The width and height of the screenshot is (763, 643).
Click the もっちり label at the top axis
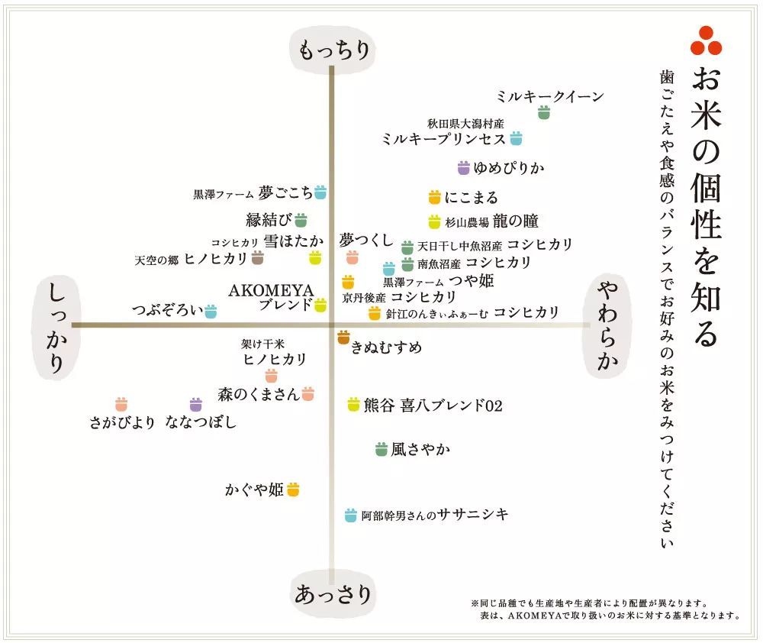[x=333, y=50]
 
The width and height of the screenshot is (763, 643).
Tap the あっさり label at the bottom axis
[x=333, y=593]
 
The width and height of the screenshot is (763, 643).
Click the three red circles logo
[x=706, y=41]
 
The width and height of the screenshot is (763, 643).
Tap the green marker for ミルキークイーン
[x=543, y=113]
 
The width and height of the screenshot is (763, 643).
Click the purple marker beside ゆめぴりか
[x=463, y=168]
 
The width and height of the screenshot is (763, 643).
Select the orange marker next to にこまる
[x=434, y=197]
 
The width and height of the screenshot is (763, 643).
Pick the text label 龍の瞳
[x=515, y=221]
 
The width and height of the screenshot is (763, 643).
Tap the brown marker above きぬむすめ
[x=343, y=336]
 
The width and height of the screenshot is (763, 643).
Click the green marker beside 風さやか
[x=381, y=450]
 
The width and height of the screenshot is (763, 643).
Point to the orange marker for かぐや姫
[x=293, y=489]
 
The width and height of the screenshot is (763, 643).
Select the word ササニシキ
[x=473, y=515]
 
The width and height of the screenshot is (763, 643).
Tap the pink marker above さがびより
[x=121, y=404]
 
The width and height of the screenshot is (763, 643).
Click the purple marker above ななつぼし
[x=195, y=404]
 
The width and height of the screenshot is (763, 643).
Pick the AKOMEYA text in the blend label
[x=260, y=291]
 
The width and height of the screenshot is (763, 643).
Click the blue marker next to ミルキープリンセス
[x=516, y=138]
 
